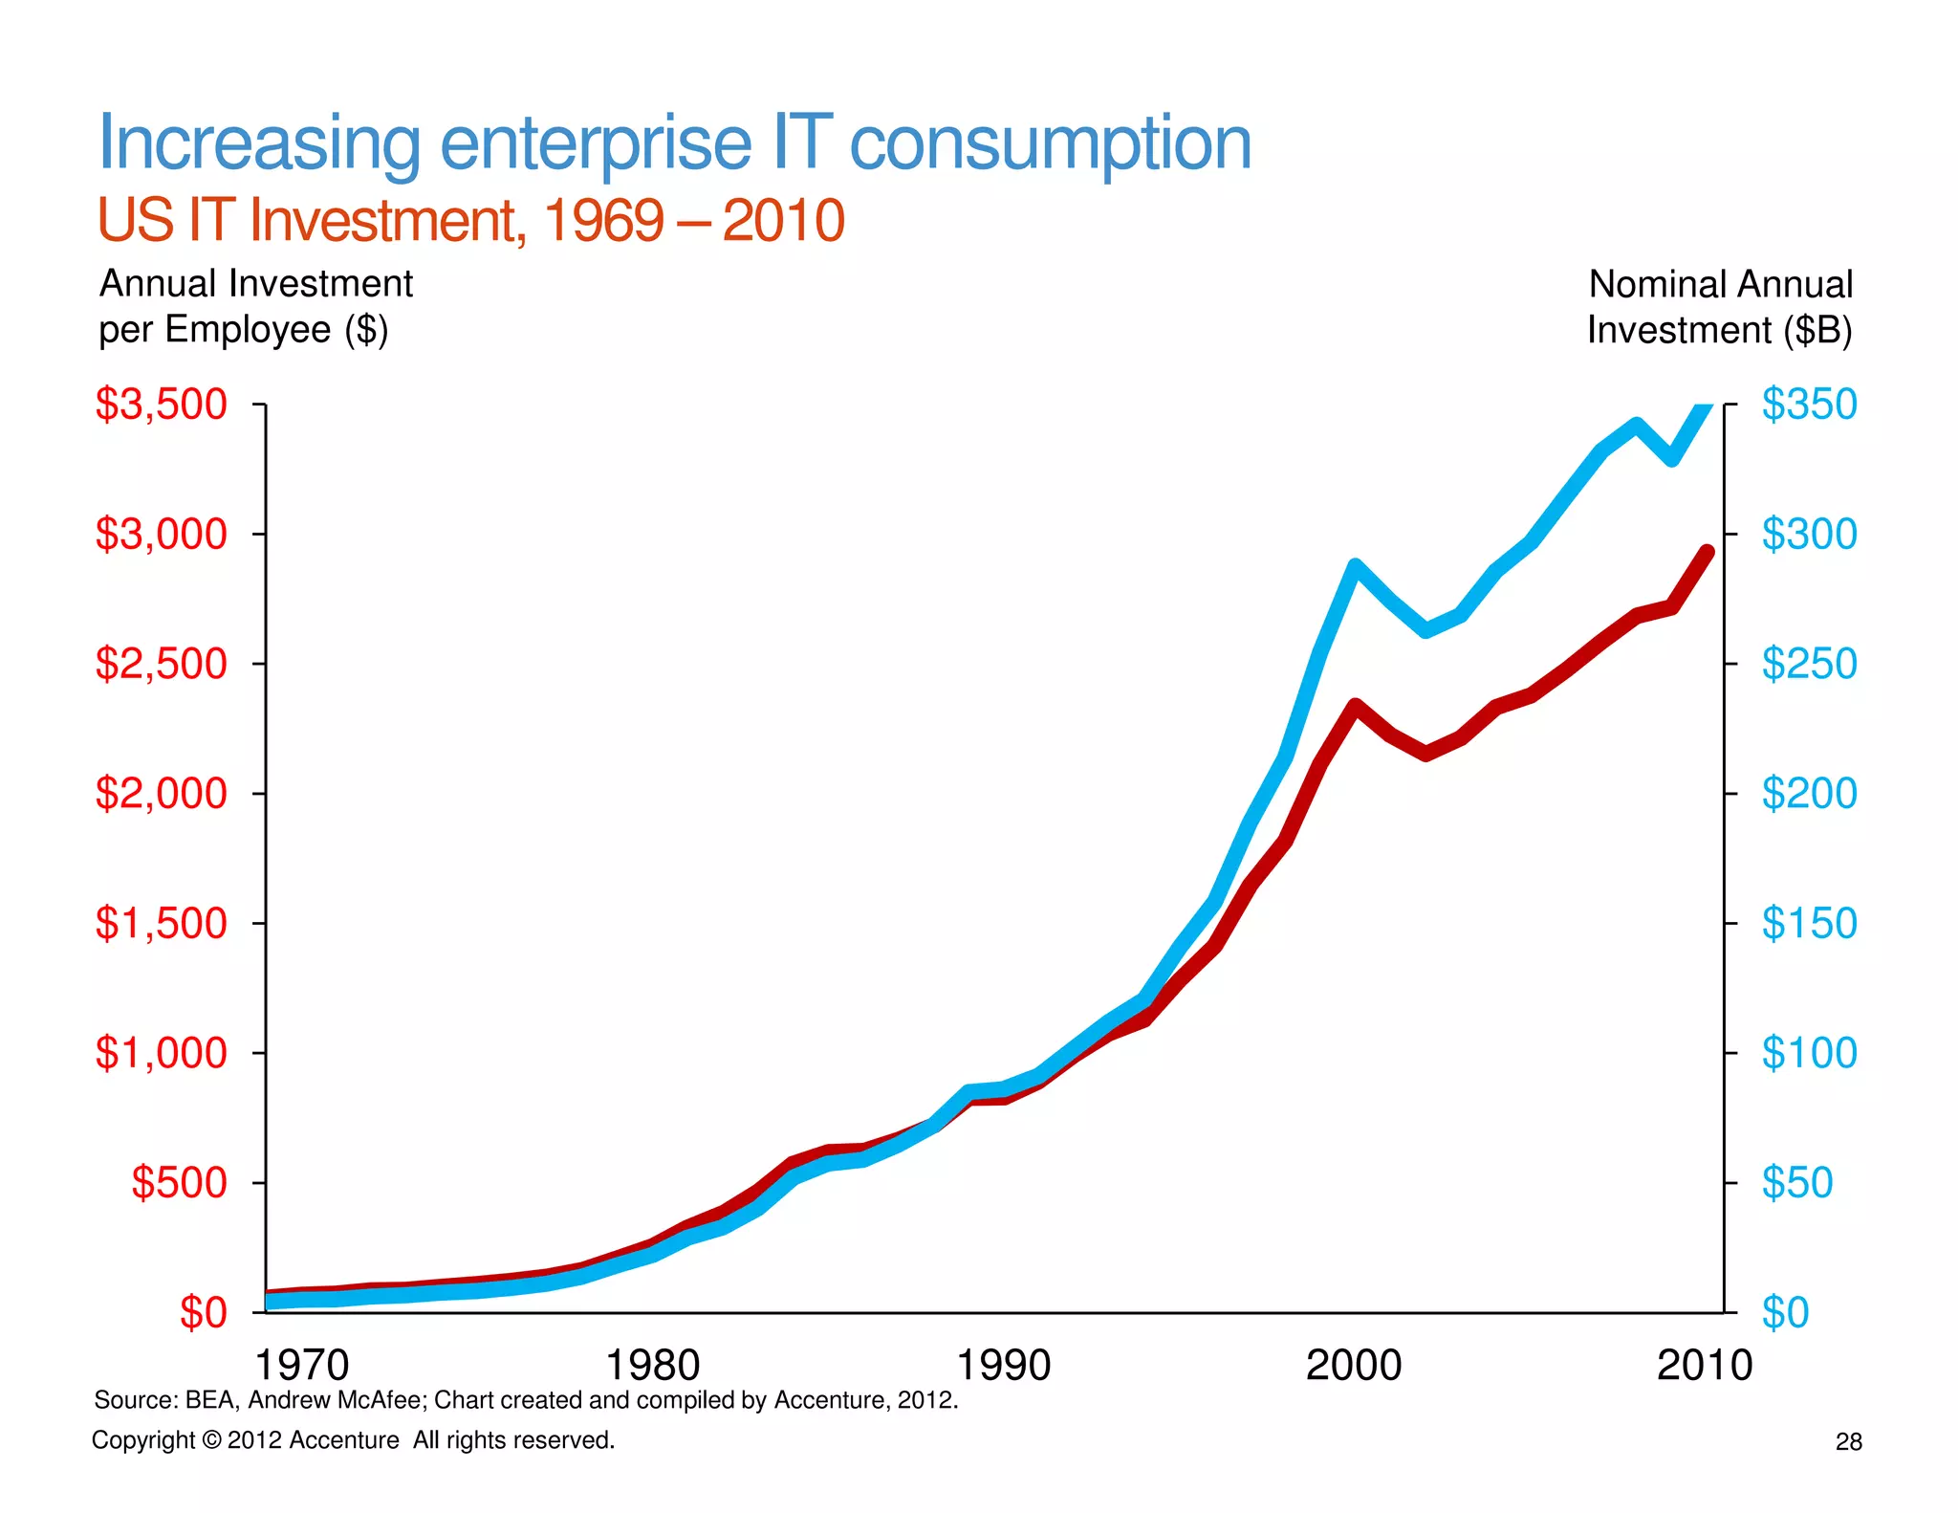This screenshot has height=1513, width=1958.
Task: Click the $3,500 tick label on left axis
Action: point(161,405)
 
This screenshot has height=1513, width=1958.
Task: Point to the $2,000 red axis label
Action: point(161,794)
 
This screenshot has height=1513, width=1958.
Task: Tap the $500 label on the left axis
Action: point(179,1183)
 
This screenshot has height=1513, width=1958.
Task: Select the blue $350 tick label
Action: point(1809,405)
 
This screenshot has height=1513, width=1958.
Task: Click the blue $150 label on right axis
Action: point(1809,924)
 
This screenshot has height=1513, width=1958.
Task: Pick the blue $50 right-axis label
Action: point(1797,1183)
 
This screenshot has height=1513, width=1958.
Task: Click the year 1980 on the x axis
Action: point(653,1365)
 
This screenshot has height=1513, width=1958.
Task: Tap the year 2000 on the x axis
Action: point(1354,1365)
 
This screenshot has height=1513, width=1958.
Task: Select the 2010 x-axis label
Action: point(1705,1365)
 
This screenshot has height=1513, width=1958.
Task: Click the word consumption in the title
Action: point(1050,143)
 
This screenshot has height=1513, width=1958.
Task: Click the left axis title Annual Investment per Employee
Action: point(255,306)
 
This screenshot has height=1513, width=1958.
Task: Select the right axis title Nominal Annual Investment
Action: point(1720,306)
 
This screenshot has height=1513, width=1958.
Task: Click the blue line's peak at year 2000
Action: point(1355,565)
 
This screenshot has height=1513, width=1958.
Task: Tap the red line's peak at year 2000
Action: point(1355,706)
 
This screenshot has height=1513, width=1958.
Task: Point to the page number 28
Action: point(1848,1442)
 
